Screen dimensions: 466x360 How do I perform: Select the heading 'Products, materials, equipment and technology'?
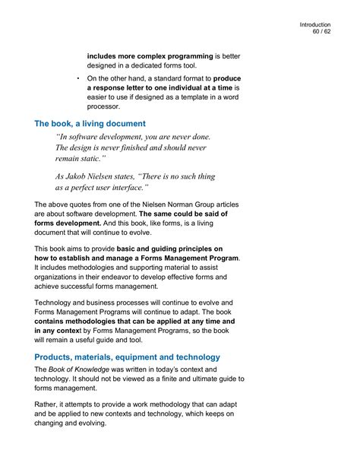128,357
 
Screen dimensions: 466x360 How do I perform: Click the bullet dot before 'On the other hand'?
79,78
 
